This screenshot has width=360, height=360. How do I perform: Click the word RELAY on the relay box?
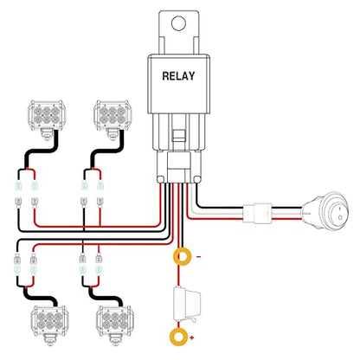[178, 76]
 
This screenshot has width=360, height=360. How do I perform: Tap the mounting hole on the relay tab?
[178, 23]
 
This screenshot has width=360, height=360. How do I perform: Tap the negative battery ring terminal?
[182, 256]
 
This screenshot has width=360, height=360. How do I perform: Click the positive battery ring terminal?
[179, 337]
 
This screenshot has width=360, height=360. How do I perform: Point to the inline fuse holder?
[187, 304]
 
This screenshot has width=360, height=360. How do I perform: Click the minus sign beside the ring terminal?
[199, 256]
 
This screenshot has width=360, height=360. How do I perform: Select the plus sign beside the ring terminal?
[192, 337]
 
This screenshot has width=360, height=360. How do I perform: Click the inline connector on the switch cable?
[257, 214]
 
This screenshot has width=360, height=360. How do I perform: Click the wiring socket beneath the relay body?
[179, 167]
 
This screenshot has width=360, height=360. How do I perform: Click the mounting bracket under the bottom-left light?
[49, 341]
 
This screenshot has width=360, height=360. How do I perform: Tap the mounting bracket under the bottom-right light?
[115, 341]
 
